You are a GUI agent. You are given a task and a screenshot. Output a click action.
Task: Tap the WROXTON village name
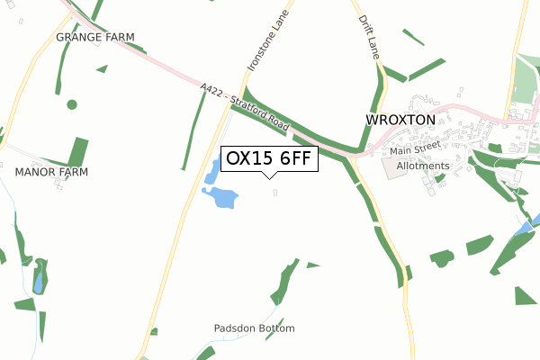[400, 119]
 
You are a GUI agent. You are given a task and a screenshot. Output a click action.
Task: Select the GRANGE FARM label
[94, 37]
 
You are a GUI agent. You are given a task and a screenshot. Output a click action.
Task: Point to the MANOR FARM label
[51, 170]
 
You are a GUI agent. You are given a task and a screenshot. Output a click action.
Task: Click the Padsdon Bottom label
[255, 328]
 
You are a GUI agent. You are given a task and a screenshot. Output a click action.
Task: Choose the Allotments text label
[422, 166]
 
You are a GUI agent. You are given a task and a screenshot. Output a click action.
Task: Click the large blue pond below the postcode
[221, 196]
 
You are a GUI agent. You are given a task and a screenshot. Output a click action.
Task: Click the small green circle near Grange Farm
[71, 103]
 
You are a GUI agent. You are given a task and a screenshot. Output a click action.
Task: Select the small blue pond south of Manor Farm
[38, 283]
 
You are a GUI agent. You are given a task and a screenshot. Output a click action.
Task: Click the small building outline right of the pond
[274, 191]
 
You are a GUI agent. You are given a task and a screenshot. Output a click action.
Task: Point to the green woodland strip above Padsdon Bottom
[285, 283]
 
